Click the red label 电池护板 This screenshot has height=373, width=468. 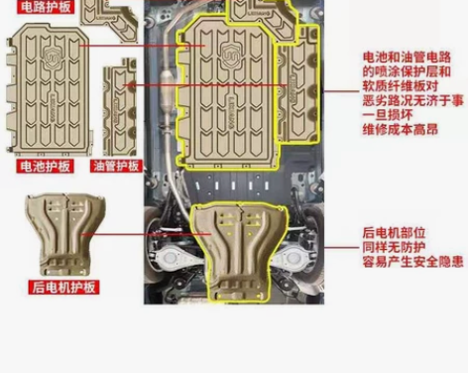(x=46, y=167)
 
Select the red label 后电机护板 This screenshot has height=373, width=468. (x=62, y=288)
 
